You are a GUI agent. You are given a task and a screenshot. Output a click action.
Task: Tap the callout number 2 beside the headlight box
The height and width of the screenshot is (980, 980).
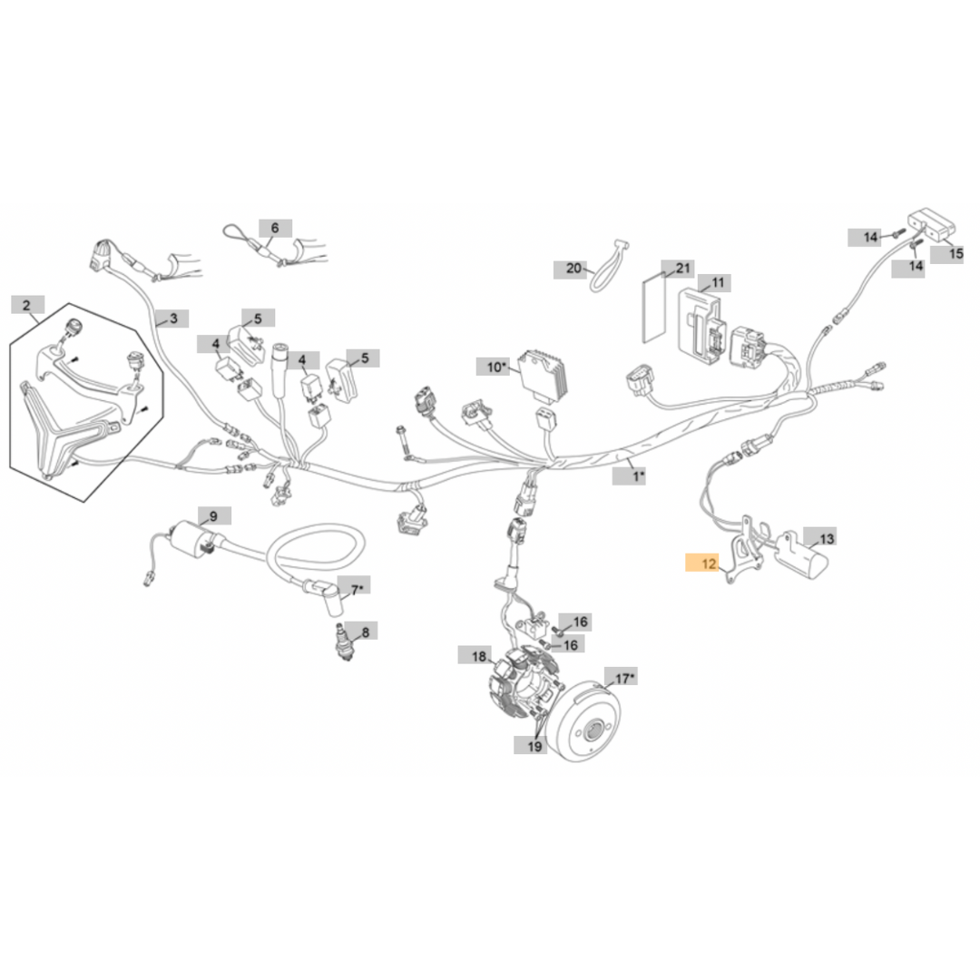27,304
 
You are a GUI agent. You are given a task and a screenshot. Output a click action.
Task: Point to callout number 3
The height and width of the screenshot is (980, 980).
172,318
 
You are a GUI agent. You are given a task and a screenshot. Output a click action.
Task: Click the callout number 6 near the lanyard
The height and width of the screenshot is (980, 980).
275,227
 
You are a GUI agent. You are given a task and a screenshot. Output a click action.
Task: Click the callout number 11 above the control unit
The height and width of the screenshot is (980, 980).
717,282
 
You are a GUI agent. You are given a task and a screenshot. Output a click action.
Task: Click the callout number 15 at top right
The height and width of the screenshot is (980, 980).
956,254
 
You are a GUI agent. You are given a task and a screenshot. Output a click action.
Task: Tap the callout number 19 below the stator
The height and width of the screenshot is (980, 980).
534,746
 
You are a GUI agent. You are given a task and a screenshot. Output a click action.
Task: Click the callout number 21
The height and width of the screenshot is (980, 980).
683,269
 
